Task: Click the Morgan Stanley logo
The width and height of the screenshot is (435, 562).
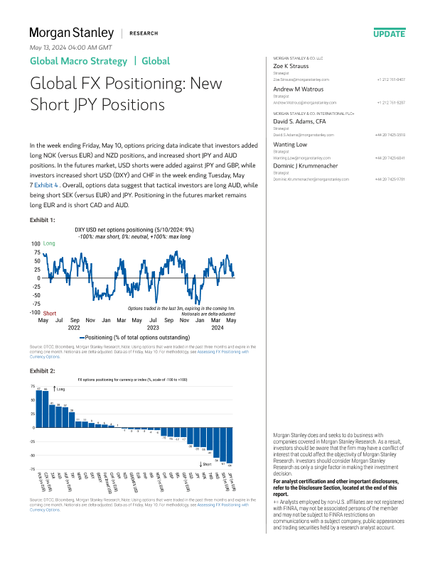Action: pyautogui.click(x=70, y=33)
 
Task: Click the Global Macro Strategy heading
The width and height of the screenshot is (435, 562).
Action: pyautogui.click(x=78, y=61)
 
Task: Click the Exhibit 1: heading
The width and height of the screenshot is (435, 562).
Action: pyautogui.click(x=42, y=221)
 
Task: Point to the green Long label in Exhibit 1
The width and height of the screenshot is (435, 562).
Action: pyautogui.click(x=49, y=243)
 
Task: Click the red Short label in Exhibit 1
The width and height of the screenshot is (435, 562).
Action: pyautogui.click(x=50, y=313)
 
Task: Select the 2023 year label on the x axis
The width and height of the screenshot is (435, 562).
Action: pyautogui.click(x=153, y=328)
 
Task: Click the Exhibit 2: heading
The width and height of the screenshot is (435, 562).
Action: pyautogui.click(x=43, y=370)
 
